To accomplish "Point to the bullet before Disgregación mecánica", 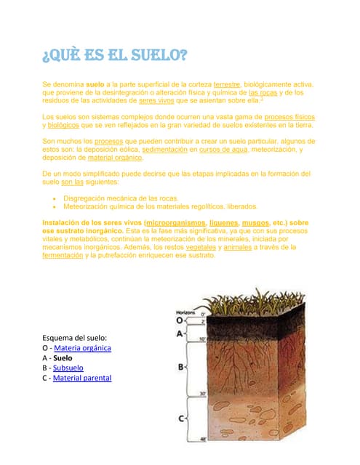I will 55,198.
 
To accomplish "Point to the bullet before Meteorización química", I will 55,206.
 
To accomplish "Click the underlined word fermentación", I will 62,255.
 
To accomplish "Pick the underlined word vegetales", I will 199,247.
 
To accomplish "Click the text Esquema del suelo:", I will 75,338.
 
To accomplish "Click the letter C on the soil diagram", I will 181,418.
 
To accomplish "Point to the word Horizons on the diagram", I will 186,310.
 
